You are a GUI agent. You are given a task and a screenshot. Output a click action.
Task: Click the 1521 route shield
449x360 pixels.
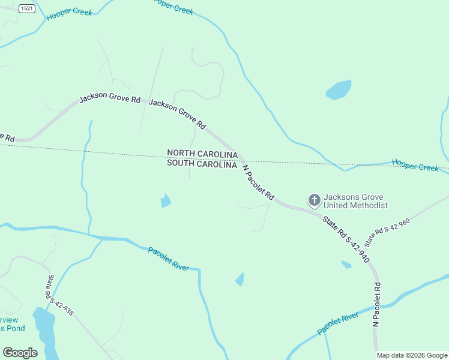tap(26, 8)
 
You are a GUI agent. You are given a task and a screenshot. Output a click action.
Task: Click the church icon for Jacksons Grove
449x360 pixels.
tap(314, 200)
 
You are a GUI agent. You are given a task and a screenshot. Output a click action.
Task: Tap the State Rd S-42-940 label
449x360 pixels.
tap(346, 238)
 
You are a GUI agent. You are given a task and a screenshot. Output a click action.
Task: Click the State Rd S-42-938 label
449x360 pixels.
tap(60, 295)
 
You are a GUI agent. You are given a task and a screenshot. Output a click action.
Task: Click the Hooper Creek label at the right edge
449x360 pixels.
tap(415, 164)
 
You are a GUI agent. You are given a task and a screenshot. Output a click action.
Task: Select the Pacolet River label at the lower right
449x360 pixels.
tap(337, 323)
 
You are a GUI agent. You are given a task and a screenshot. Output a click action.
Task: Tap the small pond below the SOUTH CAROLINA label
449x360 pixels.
tap(166, 201)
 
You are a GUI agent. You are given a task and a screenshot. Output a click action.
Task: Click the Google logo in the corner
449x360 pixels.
tap(20, 353)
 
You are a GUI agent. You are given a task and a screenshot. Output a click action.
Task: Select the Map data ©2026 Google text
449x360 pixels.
tap(412, 355)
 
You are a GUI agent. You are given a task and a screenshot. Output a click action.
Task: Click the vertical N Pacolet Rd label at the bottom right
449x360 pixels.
tap(377, 304)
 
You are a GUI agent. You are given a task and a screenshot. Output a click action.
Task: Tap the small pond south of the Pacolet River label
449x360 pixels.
tap(240, 279)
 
